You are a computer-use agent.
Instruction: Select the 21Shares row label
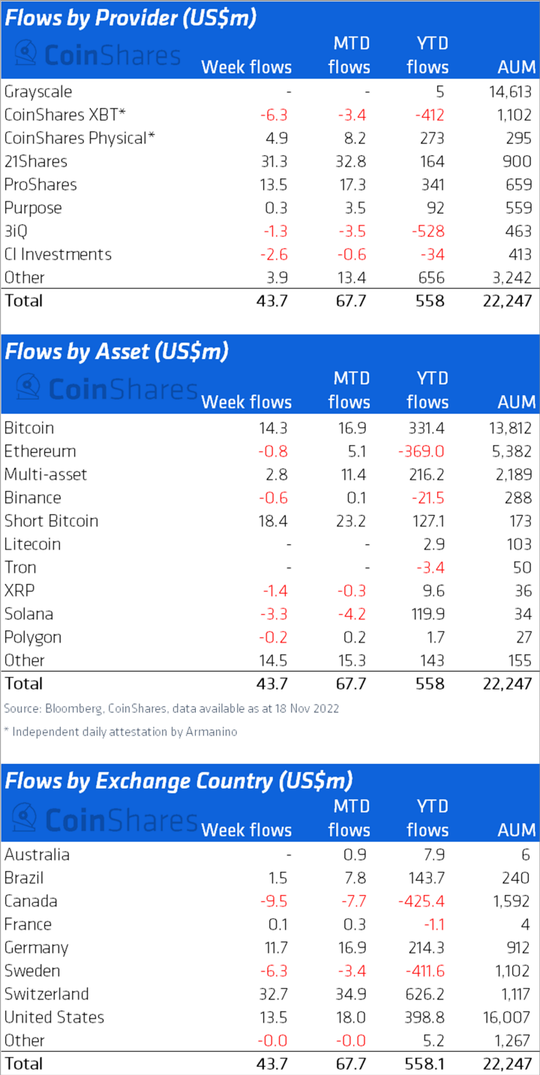[x=35, y=161]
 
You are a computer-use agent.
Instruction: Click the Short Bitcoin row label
[x=51, y=521]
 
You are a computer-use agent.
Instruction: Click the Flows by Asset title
[x=116, y=351]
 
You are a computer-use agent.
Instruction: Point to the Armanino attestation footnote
[x=120, y=732]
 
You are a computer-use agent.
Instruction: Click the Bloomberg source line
[x=171, y=708]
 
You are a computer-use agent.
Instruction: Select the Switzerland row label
[x=46, y=994]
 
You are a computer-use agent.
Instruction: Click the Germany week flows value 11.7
[x=274, y=948]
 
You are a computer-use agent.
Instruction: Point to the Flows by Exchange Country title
[x=178, y=780]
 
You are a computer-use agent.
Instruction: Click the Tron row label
[x=20, y=567]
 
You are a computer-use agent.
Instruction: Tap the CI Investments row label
[x=58, y=254]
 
